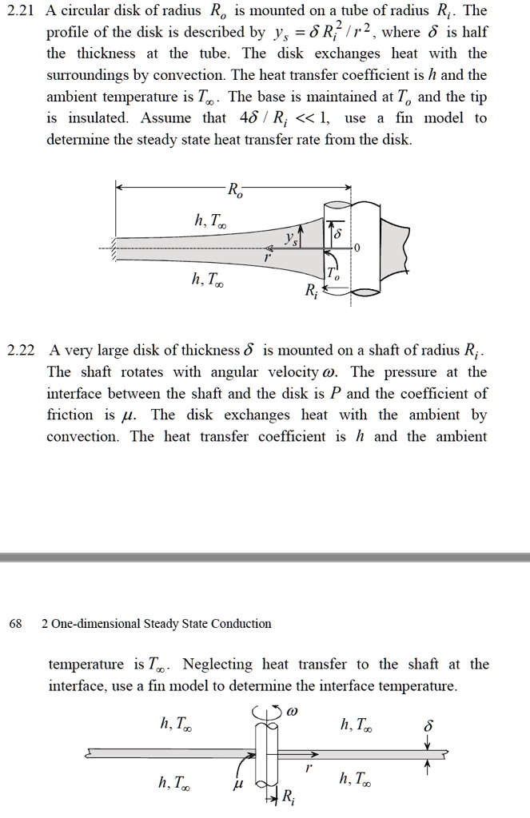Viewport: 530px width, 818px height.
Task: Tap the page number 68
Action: click(x=15, y=623)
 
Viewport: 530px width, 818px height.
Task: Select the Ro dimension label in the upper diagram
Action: click(x=233, y=191)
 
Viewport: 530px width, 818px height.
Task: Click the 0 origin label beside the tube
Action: click(x=357, y=248)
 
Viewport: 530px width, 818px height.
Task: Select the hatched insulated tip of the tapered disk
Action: click(x=114, y=248)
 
